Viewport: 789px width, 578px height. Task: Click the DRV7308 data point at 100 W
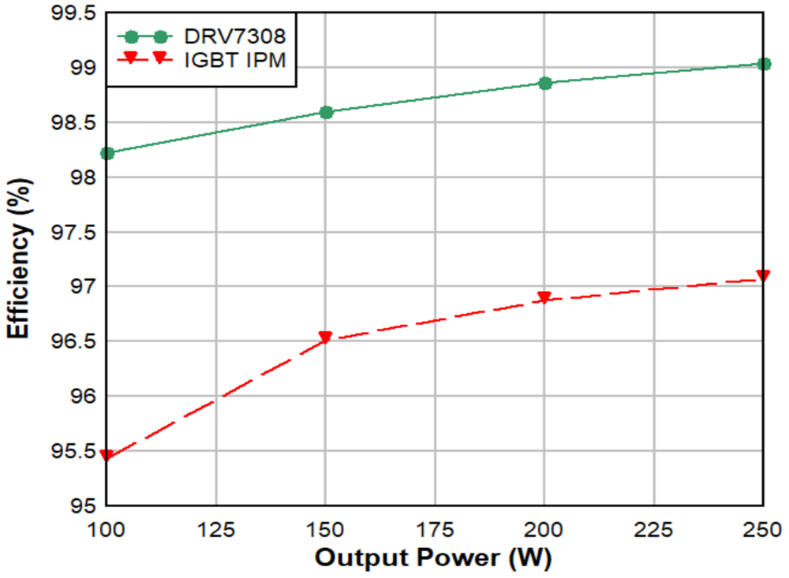(x=107, y=153)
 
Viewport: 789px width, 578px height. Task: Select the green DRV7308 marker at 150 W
(x=326, y=112)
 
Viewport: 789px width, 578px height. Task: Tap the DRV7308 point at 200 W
(x=544, y=83)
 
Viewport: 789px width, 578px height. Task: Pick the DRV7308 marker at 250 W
(x=763, y=64)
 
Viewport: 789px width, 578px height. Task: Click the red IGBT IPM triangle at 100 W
(x=107, y=457)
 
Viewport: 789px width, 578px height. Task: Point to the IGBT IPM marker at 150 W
(x=326, y=337)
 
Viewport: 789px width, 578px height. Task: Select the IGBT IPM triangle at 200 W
(x=544, y=298)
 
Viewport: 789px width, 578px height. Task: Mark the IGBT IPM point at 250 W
(x=763, y=275)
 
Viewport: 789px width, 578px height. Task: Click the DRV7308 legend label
(x=235, y=36)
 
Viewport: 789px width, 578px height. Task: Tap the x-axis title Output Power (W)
(x=433, y=557)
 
